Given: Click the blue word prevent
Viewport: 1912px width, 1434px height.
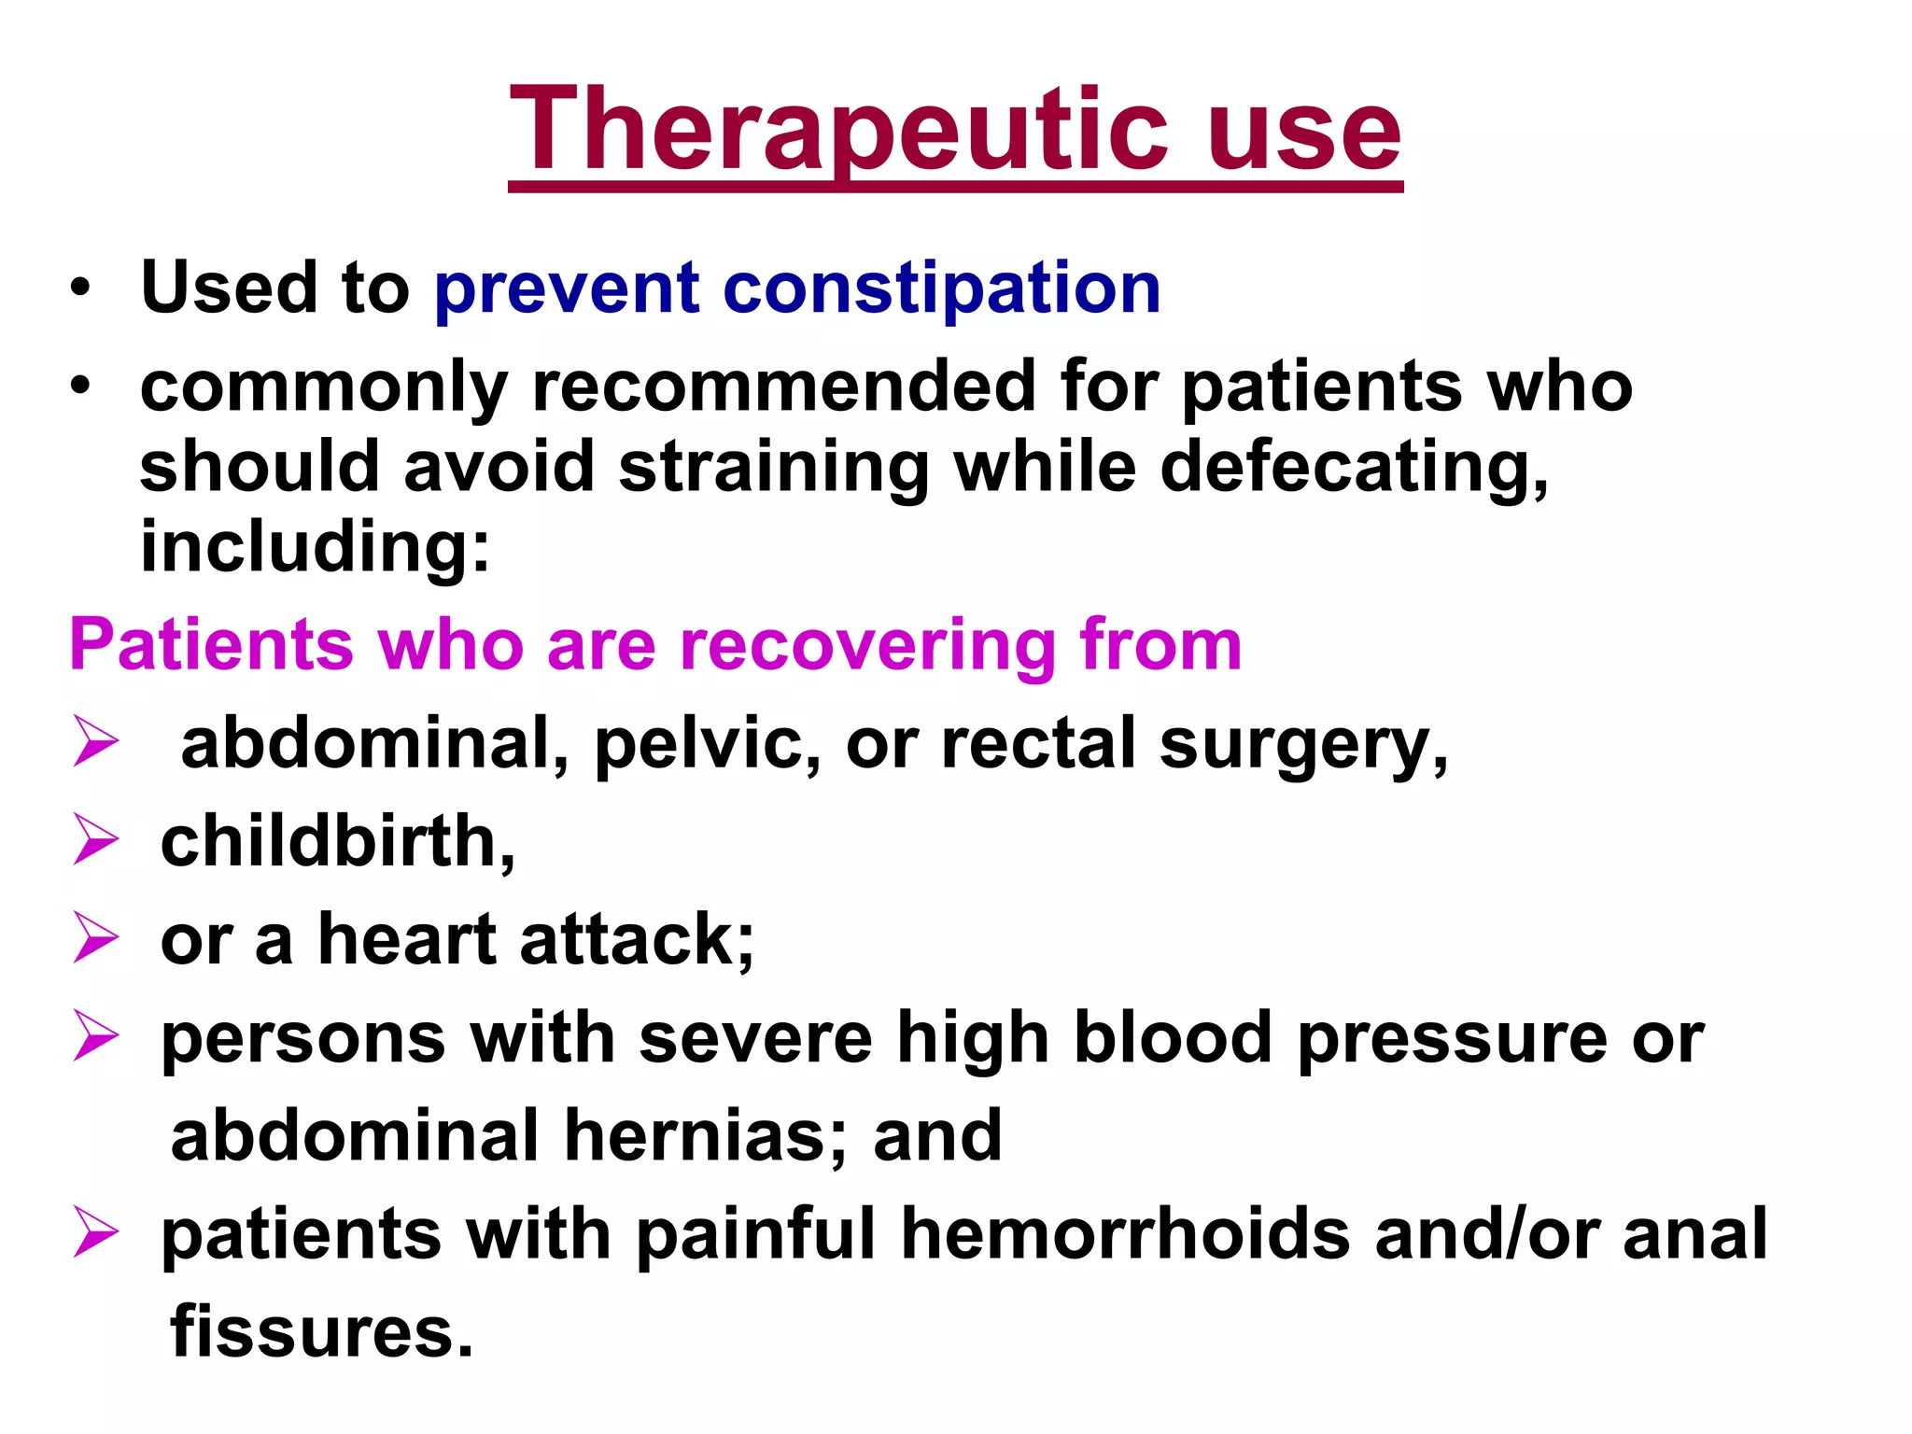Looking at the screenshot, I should click(x=567, y=289).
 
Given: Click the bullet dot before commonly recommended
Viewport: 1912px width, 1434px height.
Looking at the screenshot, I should click(x=80, y=386).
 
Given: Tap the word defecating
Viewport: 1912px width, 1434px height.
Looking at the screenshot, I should click(x=1353, y=468).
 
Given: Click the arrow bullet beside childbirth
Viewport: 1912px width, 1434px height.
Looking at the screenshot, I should click(x=95, y=839).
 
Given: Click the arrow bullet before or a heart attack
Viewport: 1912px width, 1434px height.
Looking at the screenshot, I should click(x=95, y=937).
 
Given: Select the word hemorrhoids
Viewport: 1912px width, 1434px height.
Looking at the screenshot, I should click(x=1125, y=1234).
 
